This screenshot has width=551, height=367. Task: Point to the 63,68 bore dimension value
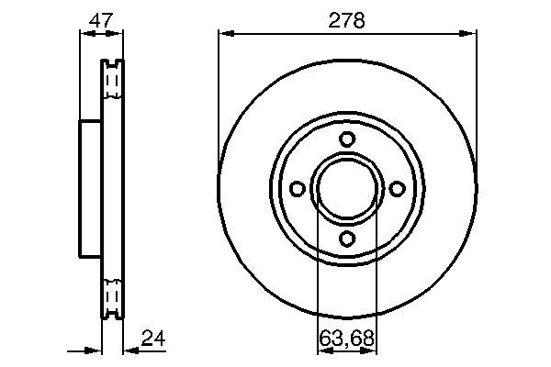pyautogui.click(x=347, y=338)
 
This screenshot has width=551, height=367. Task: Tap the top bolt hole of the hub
pyautogui.click(x=347, y=139)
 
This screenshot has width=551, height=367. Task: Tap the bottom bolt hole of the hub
pyautogui.click(x=347, y=239)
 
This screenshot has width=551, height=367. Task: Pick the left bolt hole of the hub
pyautogui.click(x=297, y=188)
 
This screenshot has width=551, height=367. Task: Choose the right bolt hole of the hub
pyautogui.click(x=398, y=188)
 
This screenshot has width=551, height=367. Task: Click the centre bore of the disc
pyautogui.click(x=347, y=188)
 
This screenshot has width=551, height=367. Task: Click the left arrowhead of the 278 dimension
pyautogui.click(x=223, y=34)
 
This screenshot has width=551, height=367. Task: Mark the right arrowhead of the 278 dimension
pyautogui.click(x=471, y=34)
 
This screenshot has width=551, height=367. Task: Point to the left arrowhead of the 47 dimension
pyautogui.click(x=84, y=34)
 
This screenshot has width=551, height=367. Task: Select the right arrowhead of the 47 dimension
pyautogui.click(x=118, y=34)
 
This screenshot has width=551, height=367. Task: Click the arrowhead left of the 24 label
pyautogui.click(x=129, y=349)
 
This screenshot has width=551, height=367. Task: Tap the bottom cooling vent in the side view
pyautogui.click(x=111, y=295)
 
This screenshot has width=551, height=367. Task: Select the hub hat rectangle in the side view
pyautogui.click(x=90, y=188)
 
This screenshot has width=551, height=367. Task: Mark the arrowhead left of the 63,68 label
pyautogui.click(x=321, y=349)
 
